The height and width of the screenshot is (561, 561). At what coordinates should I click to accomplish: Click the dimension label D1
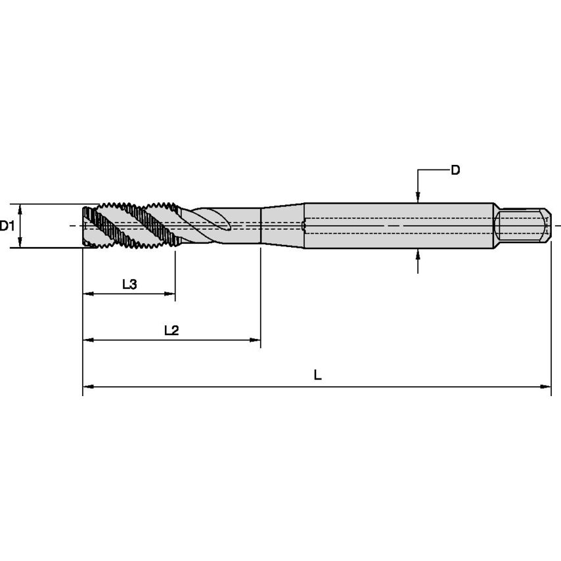coord(7,227)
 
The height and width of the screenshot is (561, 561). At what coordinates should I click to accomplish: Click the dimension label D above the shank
coord(455,171)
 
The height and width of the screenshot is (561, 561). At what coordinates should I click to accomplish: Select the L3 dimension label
coord(129,284)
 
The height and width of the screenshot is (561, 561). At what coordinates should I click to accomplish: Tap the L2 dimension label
coord(171,330)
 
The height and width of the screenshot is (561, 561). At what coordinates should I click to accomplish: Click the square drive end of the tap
coord(522,225)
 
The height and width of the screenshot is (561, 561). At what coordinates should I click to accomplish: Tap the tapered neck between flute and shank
coord(282,225)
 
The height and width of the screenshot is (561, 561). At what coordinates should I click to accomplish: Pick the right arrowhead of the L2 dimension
coord(256,340)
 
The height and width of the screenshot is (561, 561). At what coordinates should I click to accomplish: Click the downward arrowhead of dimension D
coord(418,198)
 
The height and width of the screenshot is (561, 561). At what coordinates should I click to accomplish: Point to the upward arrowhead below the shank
coord(418,254)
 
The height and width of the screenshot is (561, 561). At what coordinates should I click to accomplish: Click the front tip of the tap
coord(85,226)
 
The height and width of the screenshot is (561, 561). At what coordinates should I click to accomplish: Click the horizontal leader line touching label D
coord(433,171)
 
